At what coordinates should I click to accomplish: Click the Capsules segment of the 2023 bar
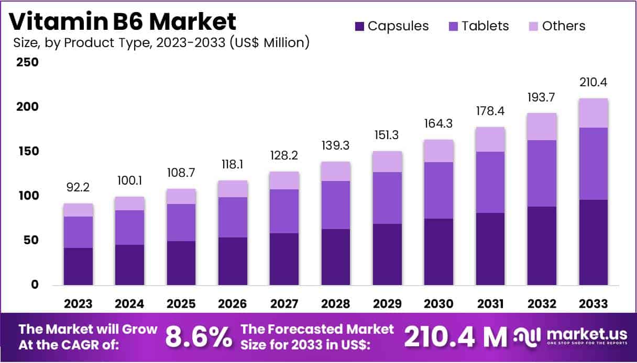(x=78, y=266)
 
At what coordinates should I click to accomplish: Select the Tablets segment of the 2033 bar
(x=594, y=164)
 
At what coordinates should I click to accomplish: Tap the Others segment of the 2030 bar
(x=439, y=151)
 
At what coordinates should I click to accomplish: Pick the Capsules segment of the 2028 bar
(x=336, y=257)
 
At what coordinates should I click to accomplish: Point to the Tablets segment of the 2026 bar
(x=233, y=217)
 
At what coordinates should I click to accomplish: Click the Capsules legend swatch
(x=359, y=26)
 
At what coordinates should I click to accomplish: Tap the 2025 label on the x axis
(x=181, y=303)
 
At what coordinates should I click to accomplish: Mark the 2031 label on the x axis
(x=490, y=303)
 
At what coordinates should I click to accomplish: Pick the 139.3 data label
(x=336, y=145)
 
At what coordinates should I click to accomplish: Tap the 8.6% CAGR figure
(x=199, y=337)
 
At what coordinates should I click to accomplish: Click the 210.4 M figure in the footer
(x=455, y=338)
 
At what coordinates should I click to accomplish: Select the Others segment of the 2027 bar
(x=284, y=180)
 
